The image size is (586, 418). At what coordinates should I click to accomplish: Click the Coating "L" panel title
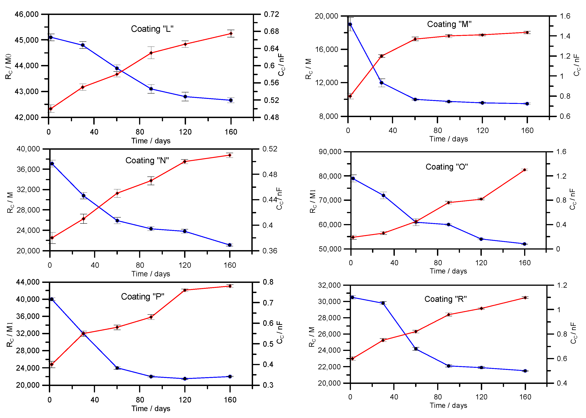coord(152,29)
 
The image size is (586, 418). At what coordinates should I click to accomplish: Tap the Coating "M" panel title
coord(449,24)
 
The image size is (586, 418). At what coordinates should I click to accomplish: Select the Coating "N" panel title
coord(147,161)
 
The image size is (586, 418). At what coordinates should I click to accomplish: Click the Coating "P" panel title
coord(143,297)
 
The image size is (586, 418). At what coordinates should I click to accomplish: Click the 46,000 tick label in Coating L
coord(26,14)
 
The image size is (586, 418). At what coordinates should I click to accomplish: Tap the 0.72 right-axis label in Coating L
coord(271,14)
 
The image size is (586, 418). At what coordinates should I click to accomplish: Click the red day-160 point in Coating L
coord(231,34)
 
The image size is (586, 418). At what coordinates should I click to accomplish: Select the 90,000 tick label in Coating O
coord(330,152)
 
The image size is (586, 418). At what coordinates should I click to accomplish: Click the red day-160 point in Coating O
coord(525,170)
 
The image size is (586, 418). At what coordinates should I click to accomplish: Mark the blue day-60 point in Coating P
coord(117,368)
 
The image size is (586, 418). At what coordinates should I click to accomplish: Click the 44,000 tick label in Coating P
coord(28,282)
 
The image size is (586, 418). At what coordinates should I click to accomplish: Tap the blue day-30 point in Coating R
coord(383,303)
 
